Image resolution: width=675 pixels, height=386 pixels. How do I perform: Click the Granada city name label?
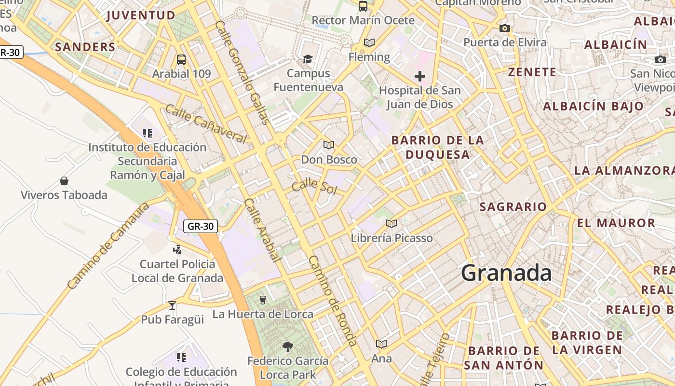(x=506, y=273)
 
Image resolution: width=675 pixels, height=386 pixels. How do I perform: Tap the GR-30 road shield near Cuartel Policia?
(x=201, y=226)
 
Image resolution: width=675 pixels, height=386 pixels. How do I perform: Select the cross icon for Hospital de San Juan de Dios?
(x=420, y=76)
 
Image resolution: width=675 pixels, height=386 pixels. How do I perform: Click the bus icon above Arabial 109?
(x=181, y=60)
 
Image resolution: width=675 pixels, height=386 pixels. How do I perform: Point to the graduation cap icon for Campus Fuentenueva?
(x=308, y=59)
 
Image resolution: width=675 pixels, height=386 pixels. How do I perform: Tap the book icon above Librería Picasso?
(x=391, y=223)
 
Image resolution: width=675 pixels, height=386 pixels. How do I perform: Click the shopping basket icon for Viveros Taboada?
(x=64, y=181)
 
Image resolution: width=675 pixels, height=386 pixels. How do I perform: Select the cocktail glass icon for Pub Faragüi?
(x=172, y=305)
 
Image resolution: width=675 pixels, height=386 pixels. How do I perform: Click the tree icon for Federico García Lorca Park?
(x=288, y=346)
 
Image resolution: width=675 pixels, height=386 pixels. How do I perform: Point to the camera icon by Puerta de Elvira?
(x=505, y=28)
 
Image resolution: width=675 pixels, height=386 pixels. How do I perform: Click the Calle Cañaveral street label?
(x=206, y=124)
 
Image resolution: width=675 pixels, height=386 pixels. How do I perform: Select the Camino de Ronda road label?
(x=333, y=301)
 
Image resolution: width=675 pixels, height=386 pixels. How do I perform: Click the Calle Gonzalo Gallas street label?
(x=242, y=72)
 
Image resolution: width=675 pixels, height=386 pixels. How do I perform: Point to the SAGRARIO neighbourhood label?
(x=513, y=207)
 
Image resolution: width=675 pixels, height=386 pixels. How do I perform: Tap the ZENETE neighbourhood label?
(x=532, y=72)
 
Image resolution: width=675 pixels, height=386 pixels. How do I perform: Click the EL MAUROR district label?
(x=616, y=223)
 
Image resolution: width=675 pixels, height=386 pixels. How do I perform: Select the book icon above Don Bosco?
(x=329, y=145)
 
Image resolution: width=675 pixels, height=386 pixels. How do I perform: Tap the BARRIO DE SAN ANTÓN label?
(x=504, y=358)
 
